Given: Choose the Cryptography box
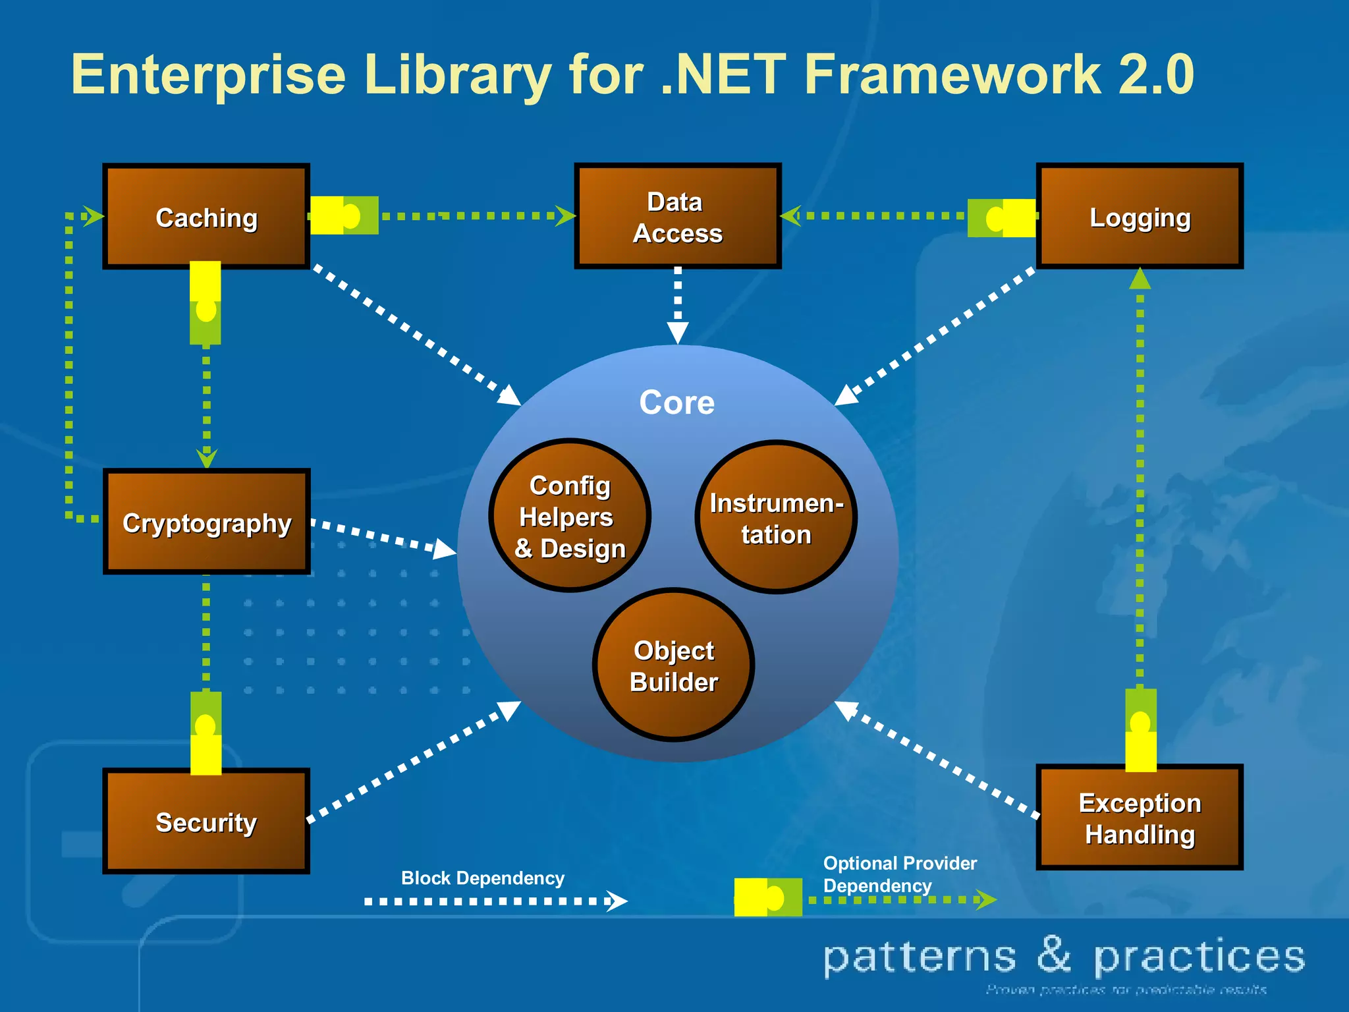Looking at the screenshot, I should click(x=206, y=522).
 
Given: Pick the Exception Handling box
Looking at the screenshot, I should click(x=1140, y=818).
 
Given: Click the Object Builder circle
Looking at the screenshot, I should click(x=673, y=665).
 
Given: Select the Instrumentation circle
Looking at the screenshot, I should click(x=776, y=518).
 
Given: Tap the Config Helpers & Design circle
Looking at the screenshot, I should click(x=570, y=517).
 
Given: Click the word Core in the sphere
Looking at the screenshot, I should click(x=676, y=403).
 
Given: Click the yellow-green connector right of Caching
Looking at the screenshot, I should click(x=344, y=215).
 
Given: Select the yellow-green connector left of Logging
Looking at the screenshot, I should click(x=1001, y=217).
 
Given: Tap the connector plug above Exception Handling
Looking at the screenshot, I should click(x=1141, y=729).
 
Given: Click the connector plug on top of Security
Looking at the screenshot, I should click(x=206, y=733).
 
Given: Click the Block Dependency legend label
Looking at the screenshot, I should click(x=482, y=878).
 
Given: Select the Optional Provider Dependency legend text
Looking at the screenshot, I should click(x=899, y=874).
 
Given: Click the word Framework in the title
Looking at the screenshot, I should click(x=952, y=74).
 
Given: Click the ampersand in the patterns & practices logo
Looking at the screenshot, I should click(x=1055, y=955).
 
